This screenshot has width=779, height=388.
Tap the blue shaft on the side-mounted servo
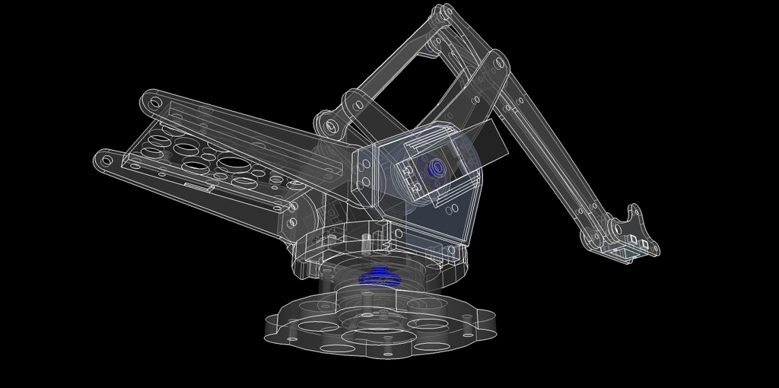point(435,168)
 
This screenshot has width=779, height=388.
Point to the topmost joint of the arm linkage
point(440,14)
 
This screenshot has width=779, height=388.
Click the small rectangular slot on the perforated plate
point(199,185)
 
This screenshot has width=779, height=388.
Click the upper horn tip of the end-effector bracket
point(632,208)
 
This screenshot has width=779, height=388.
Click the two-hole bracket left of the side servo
point(364,175)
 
